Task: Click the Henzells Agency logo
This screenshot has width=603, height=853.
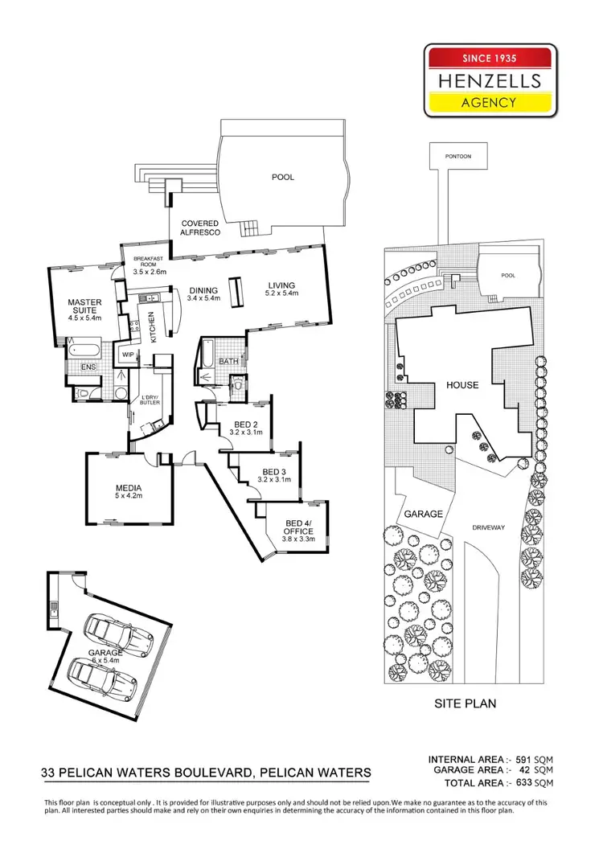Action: [x=491, y=79]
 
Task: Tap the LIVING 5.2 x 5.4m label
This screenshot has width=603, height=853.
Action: [x=281, y=289]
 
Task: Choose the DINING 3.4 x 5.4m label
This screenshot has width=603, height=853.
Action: [x=203, y=294]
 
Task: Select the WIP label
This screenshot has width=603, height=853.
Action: [x=128, y=354]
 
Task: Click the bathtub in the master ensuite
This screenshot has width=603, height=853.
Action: [x=84, y=351]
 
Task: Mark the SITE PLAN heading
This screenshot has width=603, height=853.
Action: [x=465, y=703]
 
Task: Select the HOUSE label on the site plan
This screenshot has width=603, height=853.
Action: [x=462, y=385]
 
